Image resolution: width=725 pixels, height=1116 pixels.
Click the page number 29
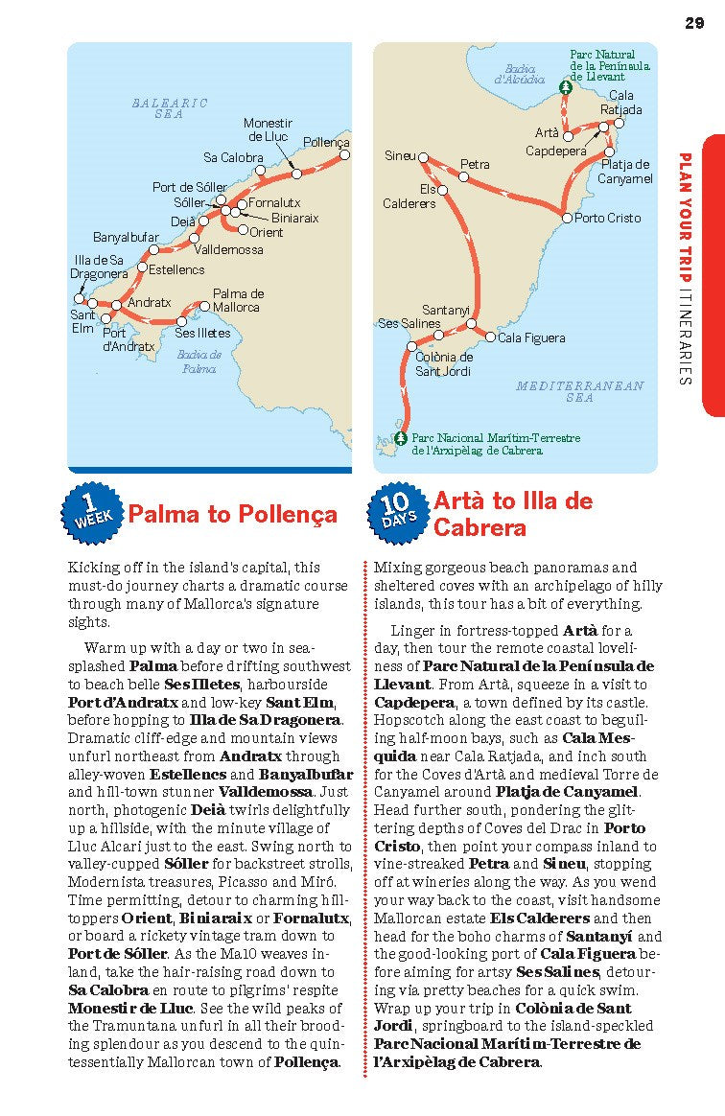click(x=695, y=23)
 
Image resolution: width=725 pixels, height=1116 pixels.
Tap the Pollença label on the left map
click(x=326, y=142)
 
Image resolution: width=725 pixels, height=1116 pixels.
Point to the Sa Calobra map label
click(x=233, y=157)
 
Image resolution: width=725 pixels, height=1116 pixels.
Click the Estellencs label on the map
click(x=176, y=269)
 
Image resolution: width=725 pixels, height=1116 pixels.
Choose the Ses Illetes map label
click(x=202, y=333)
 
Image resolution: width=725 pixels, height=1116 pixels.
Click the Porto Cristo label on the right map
click(x=608, y=218)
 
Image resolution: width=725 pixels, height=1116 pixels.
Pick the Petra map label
click(x=475, y=165)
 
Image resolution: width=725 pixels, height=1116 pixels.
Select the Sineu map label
click(x=400, y=155)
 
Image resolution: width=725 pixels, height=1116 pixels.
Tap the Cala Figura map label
click(x=531, y=337)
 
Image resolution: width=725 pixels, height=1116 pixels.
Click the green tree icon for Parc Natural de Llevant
click(x=566, y=86)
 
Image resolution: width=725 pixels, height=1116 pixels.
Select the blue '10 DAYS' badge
click(x=396, y=512)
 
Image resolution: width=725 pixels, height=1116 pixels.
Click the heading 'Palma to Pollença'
click(x=233, y=515)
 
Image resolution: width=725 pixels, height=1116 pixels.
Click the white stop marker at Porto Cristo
click(x=567, y=219)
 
